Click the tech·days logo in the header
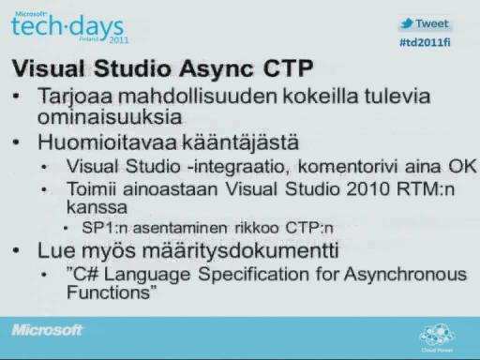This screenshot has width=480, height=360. tap(69, 27)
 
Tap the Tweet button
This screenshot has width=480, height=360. tap(425, 23)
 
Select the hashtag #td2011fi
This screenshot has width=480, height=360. tap(425, 42)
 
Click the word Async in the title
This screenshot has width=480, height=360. tap(217, 68)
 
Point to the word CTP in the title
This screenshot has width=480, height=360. tap(288, 68)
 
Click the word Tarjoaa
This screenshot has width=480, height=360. tap(75, 97)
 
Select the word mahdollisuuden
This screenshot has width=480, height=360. tap(198, 96)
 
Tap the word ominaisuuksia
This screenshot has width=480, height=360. tap(110, 117)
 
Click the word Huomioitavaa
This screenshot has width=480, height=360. tap(107, 142)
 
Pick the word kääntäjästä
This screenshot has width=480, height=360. tap(240, 142)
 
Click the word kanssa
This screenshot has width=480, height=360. tap(97, 207)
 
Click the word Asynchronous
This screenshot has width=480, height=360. tap(405, 275)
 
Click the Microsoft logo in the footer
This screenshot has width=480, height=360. tap(47, 330)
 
